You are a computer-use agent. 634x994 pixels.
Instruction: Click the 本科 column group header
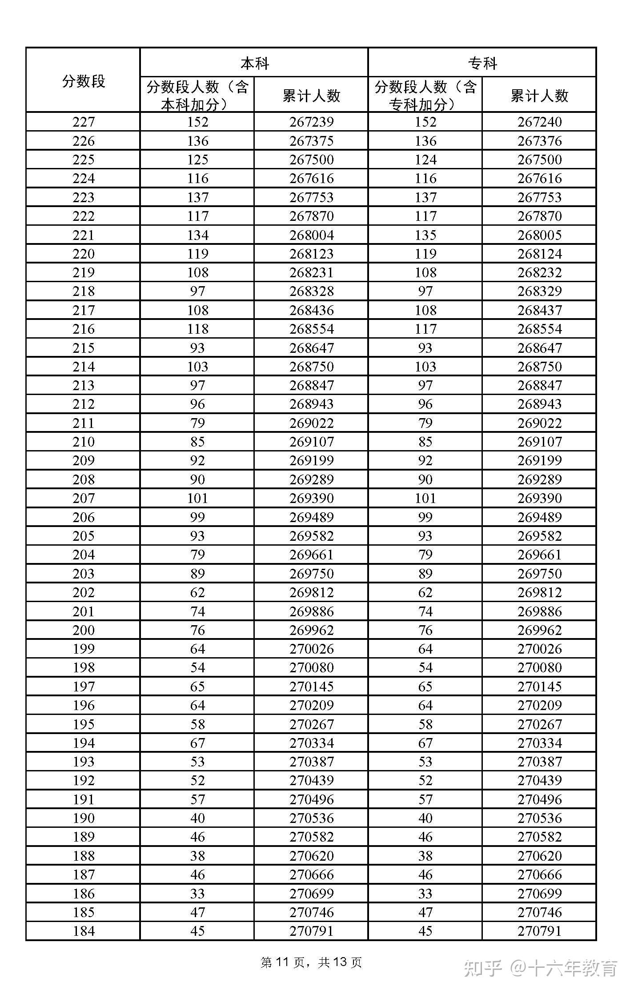click(254, 64)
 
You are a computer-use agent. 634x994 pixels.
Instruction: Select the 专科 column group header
click(482, 64)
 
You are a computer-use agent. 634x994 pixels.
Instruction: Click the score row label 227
click(83, 122)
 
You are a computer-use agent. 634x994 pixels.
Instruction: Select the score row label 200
click(83, 630)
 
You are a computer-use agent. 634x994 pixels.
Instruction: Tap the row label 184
click(83, 931)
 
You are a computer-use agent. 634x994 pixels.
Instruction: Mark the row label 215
click(83, 348)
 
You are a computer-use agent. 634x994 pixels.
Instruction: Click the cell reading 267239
click(311, 122)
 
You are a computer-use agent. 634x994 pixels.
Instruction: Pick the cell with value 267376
click(539, 141)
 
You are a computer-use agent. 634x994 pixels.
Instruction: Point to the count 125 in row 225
click(197, 160)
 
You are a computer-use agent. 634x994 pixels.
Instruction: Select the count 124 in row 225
click(425, 160)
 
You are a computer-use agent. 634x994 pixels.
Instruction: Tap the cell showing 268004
click(311, 235)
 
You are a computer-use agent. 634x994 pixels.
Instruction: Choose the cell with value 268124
click(539, 254)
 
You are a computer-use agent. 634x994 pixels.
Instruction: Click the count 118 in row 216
click(197, 329)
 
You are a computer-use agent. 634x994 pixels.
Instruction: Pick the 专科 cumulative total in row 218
click(539, 291)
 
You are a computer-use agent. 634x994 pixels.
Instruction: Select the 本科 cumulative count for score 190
click(311, 818)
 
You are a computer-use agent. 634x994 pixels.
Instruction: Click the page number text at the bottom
click(311, 962)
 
